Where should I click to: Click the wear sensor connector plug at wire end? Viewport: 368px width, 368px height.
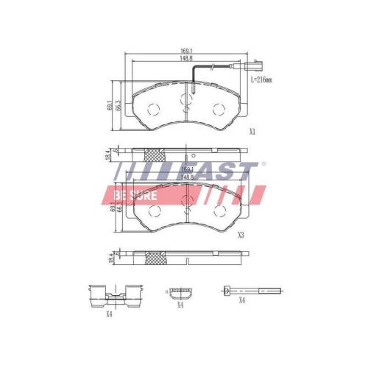pyautogui.click(x=255, y=66)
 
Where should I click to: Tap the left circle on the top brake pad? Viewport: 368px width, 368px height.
pyautogui.click(x=154, y=110)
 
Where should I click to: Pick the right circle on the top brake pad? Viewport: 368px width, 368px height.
pyautogui.click(x=218, y=110)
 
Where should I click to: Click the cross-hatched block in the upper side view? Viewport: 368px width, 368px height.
pyautogui.click(x=154, y=155)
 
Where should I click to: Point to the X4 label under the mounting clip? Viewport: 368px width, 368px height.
pyautogui.click(x=109, y=314)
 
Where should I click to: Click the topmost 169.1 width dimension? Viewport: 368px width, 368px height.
pyautogui.click(x=185, y=51)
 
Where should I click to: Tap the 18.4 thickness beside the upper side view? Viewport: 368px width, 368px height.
pyautogui.click(x=107, y=155)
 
